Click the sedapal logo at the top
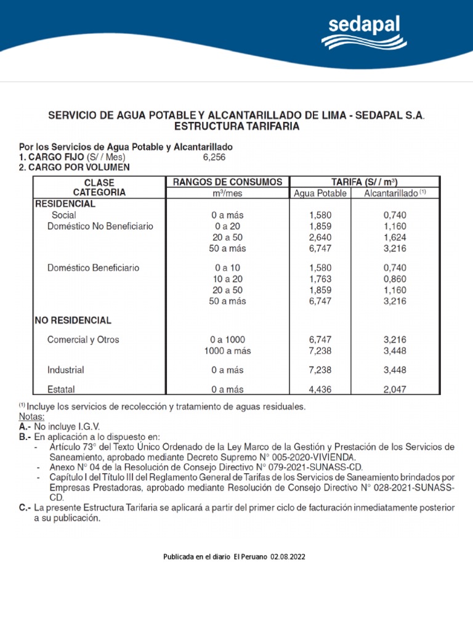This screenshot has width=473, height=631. pyautogui.click(x=363, y=32)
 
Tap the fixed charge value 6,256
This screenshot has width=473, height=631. pyautogui.click(x=214, y=157)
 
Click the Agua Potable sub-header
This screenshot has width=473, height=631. pyautogui.click(x=320, y=193)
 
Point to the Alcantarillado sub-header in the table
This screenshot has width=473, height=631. pyautogui.click(x=395, y=193)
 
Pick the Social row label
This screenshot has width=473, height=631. pyautogui.click(x=64, y=215)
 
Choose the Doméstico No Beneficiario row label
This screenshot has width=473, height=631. pyautogui.click(x=100, y=226)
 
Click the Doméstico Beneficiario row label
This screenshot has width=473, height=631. pyautogui.click(x=93, y=268)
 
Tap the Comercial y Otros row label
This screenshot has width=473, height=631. pyautogui.click(x=83, y=340)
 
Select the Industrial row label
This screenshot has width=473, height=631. pyautogui.click(x=65, y=370)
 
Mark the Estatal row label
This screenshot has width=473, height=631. pyautogui.click(x=61, y=389)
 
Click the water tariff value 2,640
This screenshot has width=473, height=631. pyautogui.click(x=320, y=237)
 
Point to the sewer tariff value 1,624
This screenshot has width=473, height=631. pyautogui.click(x=395, y=237)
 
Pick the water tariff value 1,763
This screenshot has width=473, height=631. pyautogui.click(x=320, y=279)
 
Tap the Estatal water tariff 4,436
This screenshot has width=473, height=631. pyautogui.click(x=320, y=389)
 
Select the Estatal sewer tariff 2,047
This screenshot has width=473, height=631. pyautogui.click(x=395, y=389)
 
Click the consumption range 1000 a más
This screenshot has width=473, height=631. pyautogui.click(x=227, y=351)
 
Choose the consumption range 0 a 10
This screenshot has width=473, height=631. pyautogui.click(x=227, y=268)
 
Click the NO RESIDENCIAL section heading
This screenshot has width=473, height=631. pyautogui.click(x=73, y=320)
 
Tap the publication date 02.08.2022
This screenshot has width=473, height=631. pyautogui.click(x=288, y=557)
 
